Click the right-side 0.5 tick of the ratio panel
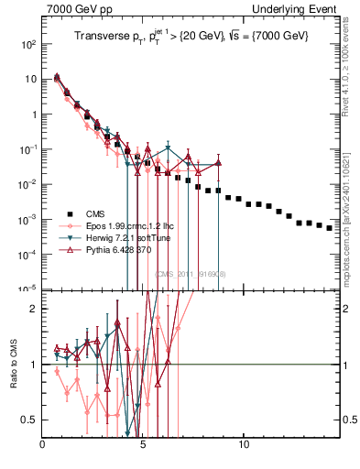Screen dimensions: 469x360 pos(350,420)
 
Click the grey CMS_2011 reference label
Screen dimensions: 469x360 pos(190,274)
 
